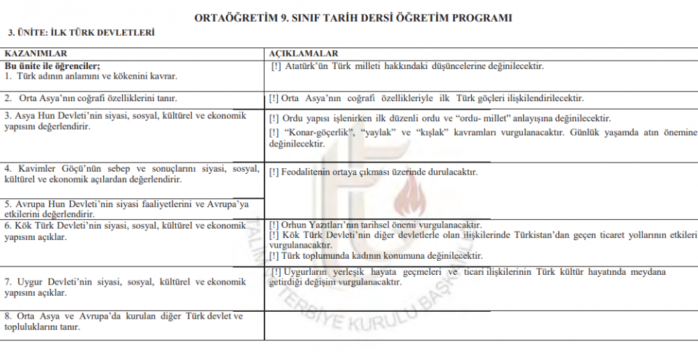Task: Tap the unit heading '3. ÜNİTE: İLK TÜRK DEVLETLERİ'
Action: pyautogui.click(x=80, y=32)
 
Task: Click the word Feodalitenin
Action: pyautogui.click(x=308, y=172)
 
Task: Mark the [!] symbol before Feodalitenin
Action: pyautogui.click(x=274, y=172)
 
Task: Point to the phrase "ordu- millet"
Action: pyautogui.click(x=496, y=118)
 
